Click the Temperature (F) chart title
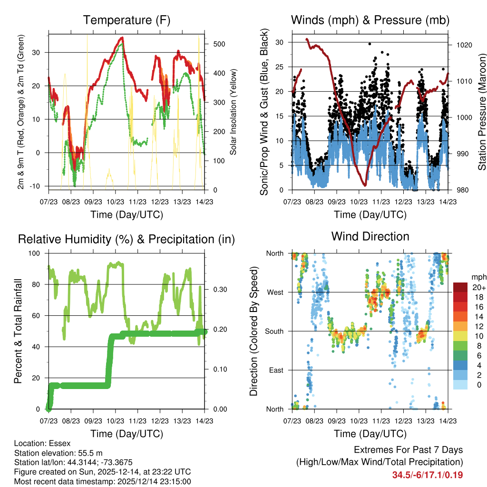click(127, 20)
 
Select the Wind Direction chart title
click(370, 236)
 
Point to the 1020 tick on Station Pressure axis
click(464, 45)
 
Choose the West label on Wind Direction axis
click(275, 292)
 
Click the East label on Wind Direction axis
click(276, 370)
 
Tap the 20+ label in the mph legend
click(478, 288)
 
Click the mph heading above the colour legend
click(478, 277)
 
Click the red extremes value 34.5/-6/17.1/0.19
click(427, 475)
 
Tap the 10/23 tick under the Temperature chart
click(116, 202)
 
